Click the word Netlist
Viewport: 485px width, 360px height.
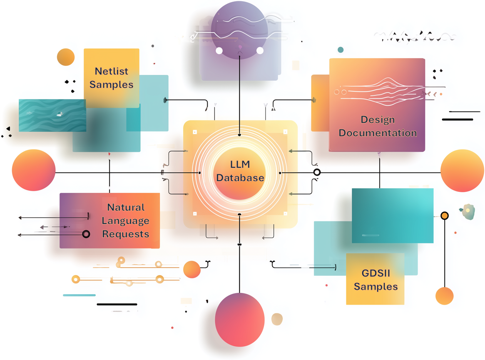tap(111, 71)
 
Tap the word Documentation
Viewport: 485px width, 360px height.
tap(378, 133)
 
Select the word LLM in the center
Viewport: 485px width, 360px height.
tap(240, 164)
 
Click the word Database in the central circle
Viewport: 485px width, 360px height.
tap(240, 178)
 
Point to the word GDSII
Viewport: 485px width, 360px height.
tap(376, 273)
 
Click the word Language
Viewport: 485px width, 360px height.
tap(125, 221)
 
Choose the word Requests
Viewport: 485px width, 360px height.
tap(125, 234)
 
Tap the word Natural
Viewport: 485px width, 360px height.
tap(126, 207)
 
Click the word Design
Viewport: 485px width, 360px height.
tap(378, 120)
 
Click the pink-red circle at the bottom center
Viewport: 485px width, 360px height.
tap(239, 320)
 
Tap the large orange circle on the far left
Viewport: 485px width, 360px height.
tap(34, 170)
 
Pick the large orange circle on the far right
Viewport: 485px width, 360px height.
tap(462, 171)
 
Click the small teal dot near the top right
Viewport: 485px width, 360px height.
tap(341, 50)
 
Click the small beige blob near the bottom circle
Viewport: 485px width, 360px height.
tap(277, 319)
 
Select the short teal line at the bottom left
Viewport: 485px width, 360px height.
tap(79, 295)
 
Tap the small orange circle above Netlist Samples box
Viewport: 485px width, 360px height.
tap(66, 57)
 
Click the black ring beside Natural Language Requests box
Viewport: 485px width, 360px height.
tap(86, 234)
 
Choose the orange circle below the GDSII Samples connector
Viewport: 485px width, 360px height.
tap(444, 296)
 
